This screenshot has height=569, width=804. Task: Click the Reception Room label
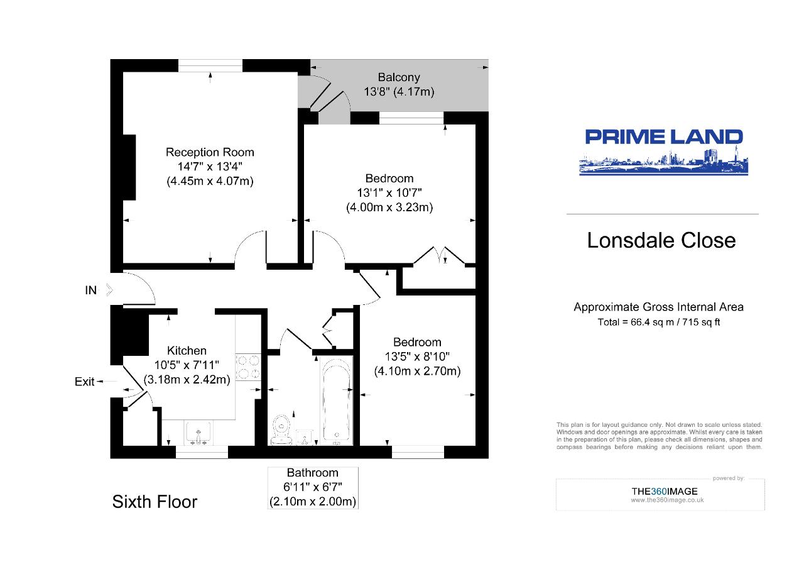coord(210,152)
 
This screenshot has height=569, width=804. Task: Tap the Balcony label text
coord(398,78)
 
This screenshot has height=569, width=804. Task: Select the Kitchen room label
coord(187,351)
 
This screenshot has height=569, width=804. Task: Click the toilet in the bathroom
coord(280,428)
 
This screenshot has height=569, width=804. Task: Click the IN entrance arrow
coord(109,290)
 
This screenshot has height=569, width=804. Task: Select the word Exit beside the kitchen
coord(85,382)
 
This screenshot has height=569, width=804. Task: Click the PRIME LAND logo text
coord(663,137)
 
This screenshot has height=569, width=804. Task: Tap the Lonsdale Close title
coord(661,241)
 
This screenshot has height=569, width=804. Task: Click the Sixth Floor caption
coord(155,502)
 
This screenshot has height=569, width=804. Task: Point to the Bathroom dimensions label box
coord(313,487)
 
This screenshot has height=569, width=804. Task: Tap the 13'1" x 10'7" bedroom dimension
coord(389,192)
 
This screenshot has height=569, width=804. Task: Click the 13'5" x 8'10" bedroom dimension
coord(417,356)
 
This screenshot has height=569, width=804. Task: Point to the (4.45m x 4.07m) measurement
coord(210,181)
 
